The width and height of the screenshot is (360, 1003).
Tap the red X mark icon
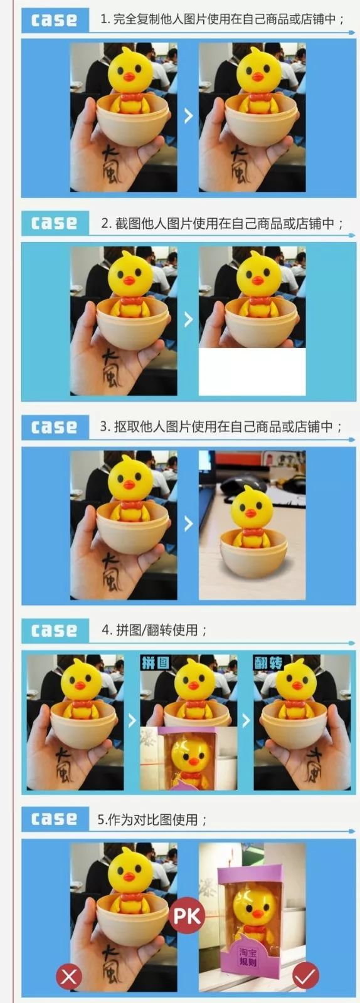point(69,976)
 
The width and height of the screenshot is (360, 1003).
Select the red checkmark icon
point(305,975)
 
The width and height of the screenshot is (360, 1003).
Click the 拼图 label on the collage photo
point(155,663)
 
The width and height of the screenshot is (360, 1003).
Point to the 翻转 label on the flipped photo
point(268,663)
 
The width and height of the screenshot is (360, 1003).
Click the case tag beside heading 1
point(55,20)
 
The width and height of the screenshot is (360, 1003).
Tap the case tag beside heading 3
point(55,428)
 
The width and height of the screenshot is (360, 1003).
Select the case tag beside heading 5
point(55,819)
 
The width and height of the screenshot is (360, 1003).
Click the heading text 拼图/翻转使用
point(154,630)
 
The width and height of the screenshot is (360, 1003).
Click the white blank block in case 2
point(252,372)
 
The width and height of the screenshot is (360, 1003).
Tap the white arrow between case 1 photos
point(188,115)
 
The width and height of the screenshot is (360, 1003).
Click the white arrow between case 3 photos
point(188,523)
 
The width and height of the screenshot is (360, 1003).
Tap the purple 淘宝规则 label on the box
point(251,957)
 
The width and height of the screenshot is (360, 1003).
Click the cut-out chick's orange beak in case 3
point(250,513)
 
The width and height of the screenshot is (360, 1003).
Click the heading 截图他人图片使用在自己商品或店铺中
point(222,224)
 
